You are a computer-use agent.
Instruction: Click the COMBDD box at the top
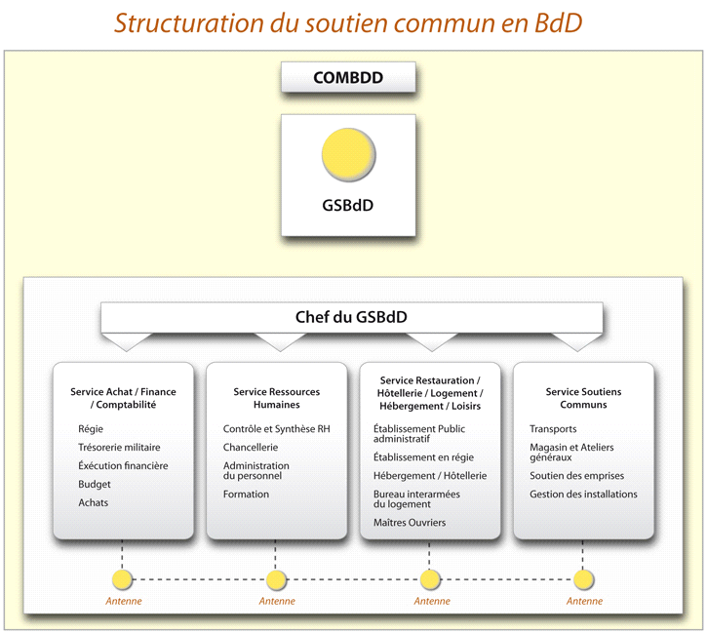(x=348, y=78)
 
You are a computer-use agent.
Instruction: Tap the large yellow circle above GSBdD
(x=348, y=155)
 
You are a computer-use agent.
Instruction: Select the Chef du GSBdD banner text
(x=351, y=317)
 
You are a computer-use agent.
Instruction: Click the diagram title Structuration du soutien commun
(x=348, y=23)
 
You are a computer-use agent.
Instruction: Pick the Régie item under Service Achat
(x=91, y=429)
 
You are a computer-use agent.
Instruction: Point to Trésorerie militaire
(x=119, y=448)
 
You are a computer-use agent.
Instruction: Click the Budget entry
(x=95, y=485)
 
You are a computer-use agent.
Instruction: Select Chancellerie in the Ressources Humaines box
(x=251, y=448)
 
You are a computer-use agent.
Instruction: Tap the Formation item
(x=246, y=495)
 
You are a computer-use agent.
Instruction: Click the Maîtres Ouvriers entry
(x=410, y=524)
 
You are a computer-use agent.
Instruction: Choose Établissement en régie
(x=423, y=457)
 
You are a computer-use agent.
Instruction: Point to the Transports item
(x=553, y=429)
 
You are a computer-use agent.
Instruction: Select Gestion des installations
(x=583, y=495)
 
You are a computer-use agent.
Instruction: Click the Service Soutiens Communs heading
(x=583, y=398)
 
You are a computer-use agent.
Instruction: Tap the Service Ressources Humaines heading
(x=276, y=398)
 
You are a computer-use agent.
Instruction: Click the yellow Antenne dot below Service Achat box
(x=122, y=580)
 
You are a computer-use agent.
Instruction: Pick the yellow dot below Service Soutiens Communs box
(x=583, y=580)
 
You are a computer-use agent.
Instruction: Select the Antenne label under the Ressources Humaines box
(x=276, y=602)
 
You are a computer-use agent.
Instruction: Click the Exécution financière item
(x=123, y=466)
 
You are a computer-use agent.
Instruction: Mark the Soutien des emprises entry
(x=576, y=476)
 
